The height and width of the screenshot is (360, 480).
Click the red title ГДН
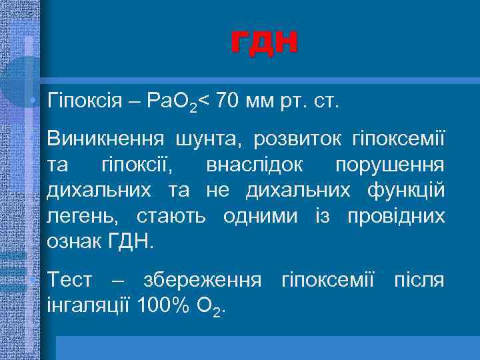(265, 43)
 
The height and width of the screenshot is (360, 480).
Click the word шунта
(208, 141)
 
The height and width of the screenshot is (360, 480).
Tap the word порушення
(390, 166)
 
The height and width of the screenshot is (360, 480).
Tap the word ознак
(73, 241)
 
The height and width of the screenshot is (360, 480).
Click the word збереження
(198, 280)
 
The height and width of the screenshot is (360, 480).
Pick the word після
(419, 280)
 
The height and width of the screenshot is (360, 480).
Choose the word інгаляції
(88, 305)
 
